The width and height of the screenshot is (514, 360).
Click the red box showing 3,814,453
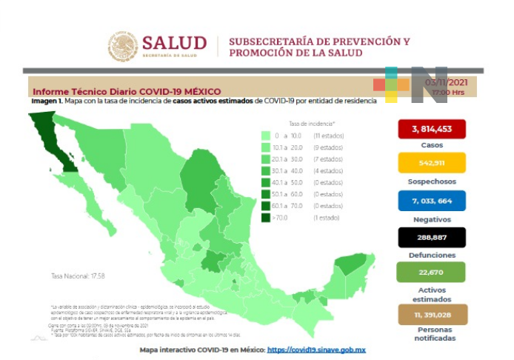pos(431,130)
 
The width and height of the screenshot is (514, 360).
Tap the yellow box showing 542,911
pos(431,163)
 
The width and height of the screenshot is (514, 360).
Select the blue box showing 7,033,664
pos(431,200)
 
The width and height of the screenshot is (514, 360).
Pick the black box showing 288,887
pos(431,237)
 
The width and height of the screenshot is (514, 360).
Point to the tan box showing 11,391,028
pos(431,313)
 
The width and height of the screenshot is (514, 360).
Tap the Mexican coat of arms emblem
pos(123,46)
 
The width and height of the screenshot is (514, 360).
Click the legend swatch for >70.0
pos(265,218)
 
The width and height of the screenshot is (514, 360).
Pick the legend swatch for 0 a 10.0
pos(265,136)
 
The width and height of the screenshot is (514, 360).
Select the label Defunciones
pos(431,255)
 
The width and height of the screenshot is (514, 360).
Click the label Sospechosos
pos(431,181)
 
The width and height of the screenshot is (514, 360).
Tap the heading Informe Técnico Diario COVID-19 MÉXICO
pos(126,91)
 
